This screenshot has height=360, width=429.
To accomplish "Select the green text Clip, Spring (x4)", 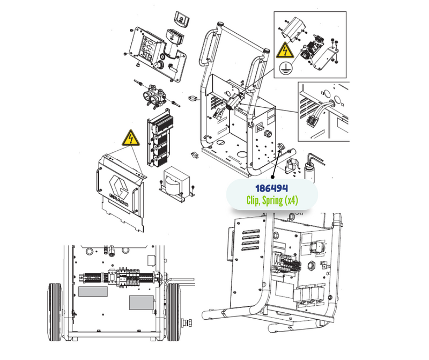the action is tap(272, 201).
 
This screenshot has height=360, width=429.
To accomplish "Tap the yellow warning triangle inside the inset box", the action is tap(285, 50).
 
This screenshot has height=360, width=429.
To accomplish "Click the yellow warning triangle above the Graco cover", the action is tap(131, 138).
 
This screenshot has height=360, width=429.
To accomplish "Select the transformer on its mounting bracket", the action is tap(176, 182).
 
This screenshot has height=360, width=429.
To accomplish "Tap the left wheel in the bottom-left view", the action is tap(56, 312).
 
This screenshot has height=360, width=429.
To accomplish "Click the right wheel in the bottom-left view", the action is tap(174, 312).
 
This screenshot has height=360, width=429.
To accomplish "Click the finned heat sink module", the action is tap(160, 138).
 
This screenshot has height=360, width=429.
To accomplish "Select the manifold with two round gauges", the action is tap(154, 97).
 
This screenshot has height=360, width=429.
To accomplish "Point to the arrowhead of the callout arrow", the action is tap(279, 150).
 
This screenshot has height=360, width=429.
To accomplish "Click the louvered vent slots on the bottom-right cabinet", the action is tap(251, 240).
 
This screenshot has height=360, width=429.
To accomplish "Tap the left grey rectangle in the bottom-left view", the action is tap(93, 291).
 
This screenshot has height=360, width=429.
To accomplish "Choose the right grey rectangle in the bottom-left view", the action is tap(142, 303).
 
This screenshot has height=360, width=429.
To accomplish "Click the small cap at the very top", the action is tap(181, 19).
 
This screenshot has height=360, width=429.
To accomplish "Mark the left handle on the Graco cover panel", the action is tap(98, 181).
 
